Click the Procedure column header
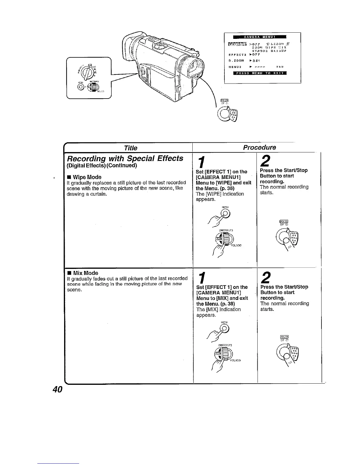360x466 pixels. (259, 147)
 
